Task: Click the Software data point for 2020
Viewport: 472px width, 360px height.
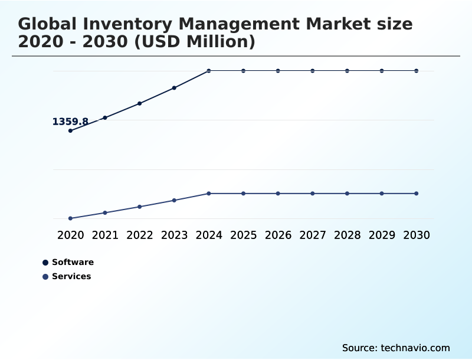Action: click(70, 130)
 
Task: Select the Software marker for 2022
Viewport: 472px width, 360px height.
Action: click(140, 103)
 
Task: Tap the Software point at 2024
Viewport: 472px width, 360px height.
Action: click(209, 71)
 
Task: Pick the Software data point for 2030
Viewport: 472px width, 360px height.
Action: click(417, 71)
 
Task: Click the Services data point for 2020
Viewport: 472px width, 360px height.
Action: click(70, 218)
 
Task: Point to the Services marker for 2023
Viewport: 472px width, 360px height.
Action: click(174, 200)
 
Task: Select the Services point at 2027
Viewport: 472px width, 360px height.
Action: click(313, 194)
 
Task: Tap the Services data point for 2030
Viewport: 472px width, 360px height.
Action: click(417, 194)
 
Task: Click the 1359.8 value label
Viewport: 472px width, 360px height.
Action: click(70, 122)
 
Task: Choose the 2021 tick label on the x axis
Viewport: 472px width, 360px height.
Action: click(105, 235)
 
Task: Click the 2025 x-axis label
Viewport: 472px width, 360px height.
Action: click(243, 235)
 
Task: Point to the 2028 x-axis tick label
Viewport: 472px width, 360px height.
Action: click(347, 235)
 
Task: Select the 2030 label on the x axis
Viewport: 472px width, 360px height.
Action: click(417, 235)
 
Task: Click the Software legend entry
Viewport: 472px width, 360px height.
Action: click(73, 262)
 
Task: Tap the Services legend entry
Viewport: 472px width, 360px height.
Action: click(71, 276)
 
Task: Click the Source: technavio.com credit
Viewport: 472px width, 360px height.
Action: click(396, 348)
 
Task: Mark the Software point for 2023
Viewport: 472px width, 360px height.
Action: click(174, 88)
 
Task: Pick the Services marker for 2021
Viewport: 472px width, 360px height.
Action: click(105, 212)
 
